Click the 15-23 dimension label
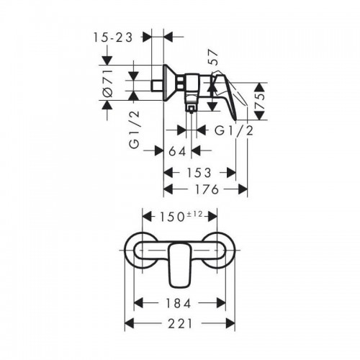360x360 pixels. pyautogui.click(x=113, y=37)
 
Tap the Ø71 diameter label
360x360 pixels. pyautogui.click(x=108, y=84)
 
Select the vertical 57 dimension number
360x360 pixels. pyautogui.click(x=214, y=58)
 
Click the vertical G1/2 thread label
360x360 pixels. pyautogui.click(x=135, y=130)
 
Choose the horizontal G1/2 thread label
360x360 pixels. pyautogui.click(x=234, y=131)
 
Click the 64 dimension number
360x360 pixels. pyautogui.click(x=177, y=151)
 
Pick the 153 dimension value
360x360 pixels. pyautogui.click(x=199, y=173)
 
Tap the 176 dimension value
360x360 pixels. pyautogui.click(x=207, y=189)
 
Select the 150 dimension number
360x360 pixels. pyautogui.click(x=171, y=217)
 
